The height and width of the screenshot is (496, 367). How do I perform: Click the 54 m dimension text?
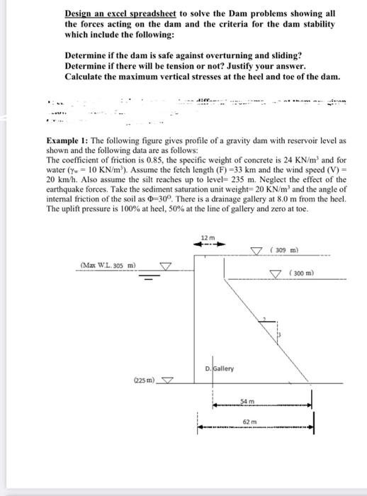(x=246, y=401)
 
